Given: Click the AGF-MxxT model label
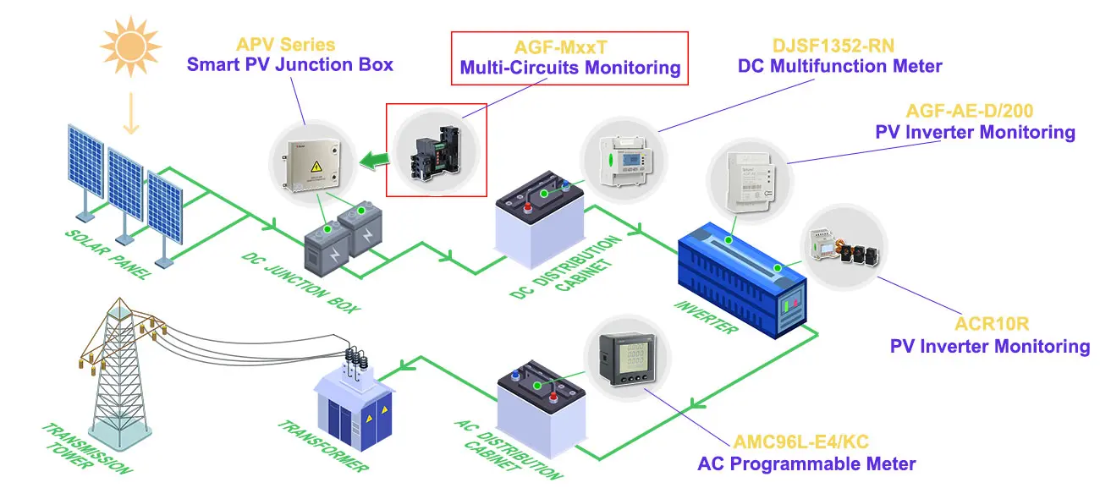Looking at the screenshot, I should point(569,48).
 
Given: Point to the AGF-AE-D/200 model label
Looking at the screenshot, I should point(970,111).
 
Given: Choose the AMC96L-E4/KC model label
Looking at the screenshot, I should point(800,441).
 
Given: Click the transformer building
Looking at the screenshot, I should point(353,406).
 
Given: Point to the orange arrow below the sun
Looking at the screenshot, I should point(129,113).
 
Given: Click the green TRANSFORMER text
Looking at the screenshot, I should point(322,445).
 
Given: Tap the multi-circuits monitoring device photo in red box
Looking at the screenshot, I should point(436,149).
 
